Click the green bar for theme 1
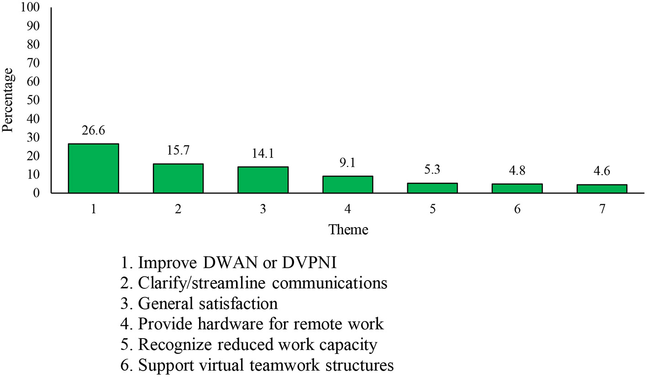(x=93, y=168)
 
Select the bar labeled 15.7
(x=178, y=178)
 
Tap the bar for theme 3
(x=263, y=180)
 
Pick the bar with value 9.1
(x=347, y=184)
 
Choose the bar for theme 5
(x=432, y=188)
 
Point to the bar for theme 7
(x=602, y=188)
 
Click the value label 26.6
(x=93, y=131)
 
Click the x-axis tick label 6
(x=517, y=209)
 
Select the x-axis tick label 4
(x=347, y=209)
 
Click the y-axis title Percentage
(x=8, y=100)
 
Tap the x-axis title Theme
(x=348, y=229)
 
